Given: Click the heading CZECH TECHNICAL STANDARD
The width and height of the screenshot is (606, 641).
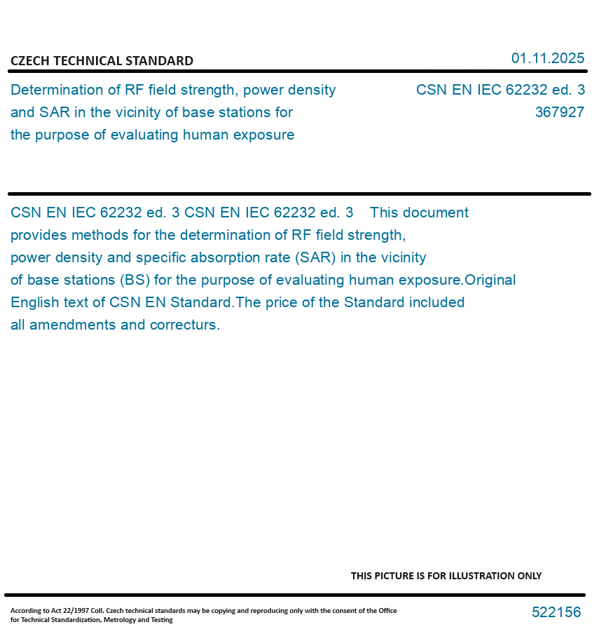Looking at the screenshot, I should [102, 61].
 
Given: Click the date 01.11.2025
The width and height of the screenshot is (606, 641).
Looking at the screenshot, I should [547, 58].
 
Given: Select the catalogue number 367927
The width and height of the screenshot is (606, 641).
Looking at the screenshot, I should [559, 112].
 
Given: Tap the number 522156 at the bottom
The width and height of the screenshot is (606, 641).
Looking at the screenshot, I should [556, 612].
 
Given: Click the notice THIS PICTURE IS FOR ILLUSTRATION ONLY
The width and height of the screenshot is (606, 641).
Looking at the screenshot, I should [446, 576].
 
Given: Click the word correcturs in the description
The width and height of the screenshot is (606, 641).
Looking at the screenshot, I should [185, 325].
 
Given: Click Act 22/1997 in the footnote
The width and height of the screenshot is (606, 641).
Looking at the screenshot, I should [57, 611].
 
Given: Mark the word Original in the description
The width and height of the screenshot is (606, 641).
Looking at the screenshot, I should [490, 280].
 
